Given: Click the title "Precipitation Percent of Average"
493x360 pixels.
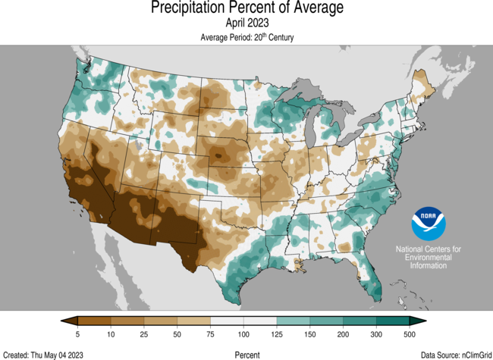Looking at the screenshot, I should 246,8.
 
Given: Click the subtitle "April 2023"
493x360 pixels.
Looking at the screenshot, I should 246,23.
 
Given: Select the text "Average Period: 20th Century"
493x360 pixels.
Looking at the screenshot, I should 246,36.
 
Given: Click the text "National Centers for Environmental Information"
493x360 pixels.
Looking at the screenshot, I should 429,258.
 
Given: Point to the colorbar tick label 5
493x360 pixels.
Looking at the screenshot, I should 78,333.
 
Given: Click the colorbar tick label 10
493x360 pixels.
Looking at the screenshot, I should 111,333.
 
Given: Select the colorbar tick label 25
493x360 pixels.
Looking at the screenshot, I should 144,333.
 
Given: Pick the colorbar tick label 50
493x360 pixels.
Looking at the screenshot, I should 177,333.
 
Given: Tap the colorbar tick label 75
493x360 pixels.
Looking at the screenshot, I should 210,333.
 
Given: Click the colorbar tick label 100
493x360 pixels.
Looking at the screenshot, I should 243,333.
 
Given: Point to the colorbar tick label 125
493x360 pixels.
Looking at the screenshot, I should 277,333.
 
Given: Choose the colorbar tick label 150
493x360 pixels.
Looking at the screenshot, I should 310,333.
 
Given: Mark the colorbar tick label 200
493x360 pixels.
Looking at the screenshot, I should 343,333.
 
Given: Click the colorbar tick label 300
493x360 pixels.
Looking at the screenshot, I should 376,333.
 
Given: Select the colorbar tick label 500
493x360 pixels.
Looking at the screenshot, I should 410,333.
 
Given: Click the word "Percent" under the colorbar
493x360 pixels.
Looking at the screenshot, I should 246,354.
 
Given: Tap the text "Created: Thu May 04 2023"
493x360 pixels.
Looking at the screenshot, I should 43,354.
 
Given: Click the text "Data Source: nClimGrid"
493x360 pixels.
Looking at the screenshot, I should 454,354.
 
